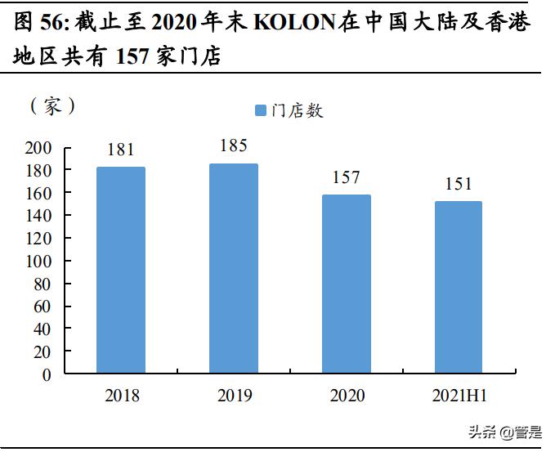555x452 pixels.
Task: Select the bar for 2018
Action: (121, 271)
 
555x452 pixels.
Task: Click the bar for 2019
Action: (234, 269)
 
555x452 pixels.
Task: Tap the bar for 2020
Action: (347, 284)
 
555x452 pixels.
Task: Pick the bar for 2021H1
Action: (459, 288)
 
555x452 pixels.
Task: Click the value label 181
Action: (120, 150)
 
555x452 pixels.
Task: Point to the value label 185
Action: (234, 146)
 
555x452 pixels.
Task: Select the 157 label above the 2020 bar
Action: (347, 177)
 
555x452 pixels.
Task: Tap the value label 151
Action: (459, 184)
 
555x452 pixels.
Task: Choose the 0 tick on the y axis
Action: (47, 375)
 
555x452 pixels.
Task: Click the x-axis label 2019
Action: (234, 396)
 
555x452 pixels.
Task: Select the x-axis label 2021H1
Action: (459, 396)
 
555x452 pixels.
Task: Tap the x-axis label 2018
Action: (122, 396)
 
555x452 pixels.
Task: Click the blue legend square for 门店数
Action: (261, 110)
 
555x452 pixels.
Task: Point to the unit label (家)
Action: (53, 106)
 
